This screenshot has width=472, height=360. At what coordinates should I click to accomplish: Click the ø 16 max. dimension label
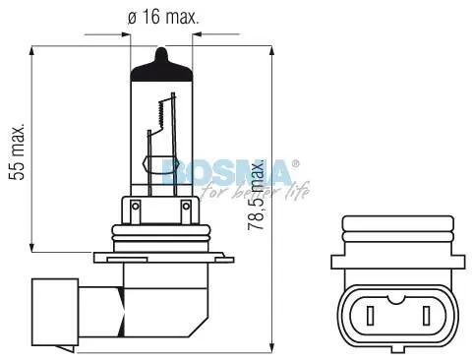point(163,17)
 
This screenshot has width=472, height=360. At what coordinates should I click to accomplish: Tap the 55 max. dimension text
point(17,151)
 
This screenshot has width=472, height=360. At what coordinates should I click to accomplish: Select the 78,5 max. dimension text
point(256,194)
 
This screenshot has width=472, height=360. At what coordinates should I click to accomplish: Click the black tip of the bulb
point(161,65)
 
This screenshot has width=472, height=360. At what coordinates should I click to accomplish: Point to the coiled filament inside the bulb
point(161,114)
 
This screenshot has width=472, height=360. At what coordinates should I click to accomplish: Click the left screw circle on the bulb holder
point(135,206)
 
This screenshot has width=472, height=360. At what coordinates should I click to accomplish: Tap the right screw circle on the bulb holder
point(186,206)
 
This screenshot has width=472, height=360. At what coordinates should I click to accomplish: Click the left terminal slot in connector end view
point(370,315)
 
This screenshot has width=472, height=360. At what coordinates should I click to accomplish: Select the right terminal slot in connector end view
point(427,315)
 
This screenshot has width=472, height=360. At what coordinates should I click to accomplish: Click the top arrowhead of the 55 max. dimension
point(31,51)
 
